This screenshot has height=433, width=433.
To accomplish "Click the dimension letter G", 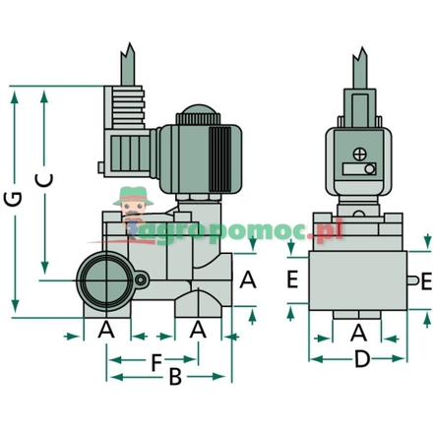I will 13,200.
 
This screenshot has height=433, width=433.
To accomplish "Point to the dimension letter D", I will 361,388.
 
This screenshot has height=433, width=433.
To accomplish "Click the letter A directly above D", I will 359,332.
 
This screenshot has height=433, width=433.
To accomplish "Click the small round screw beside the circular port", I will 141,282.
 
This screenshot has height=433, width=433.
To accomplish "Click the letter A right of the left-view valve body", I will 247,280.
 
